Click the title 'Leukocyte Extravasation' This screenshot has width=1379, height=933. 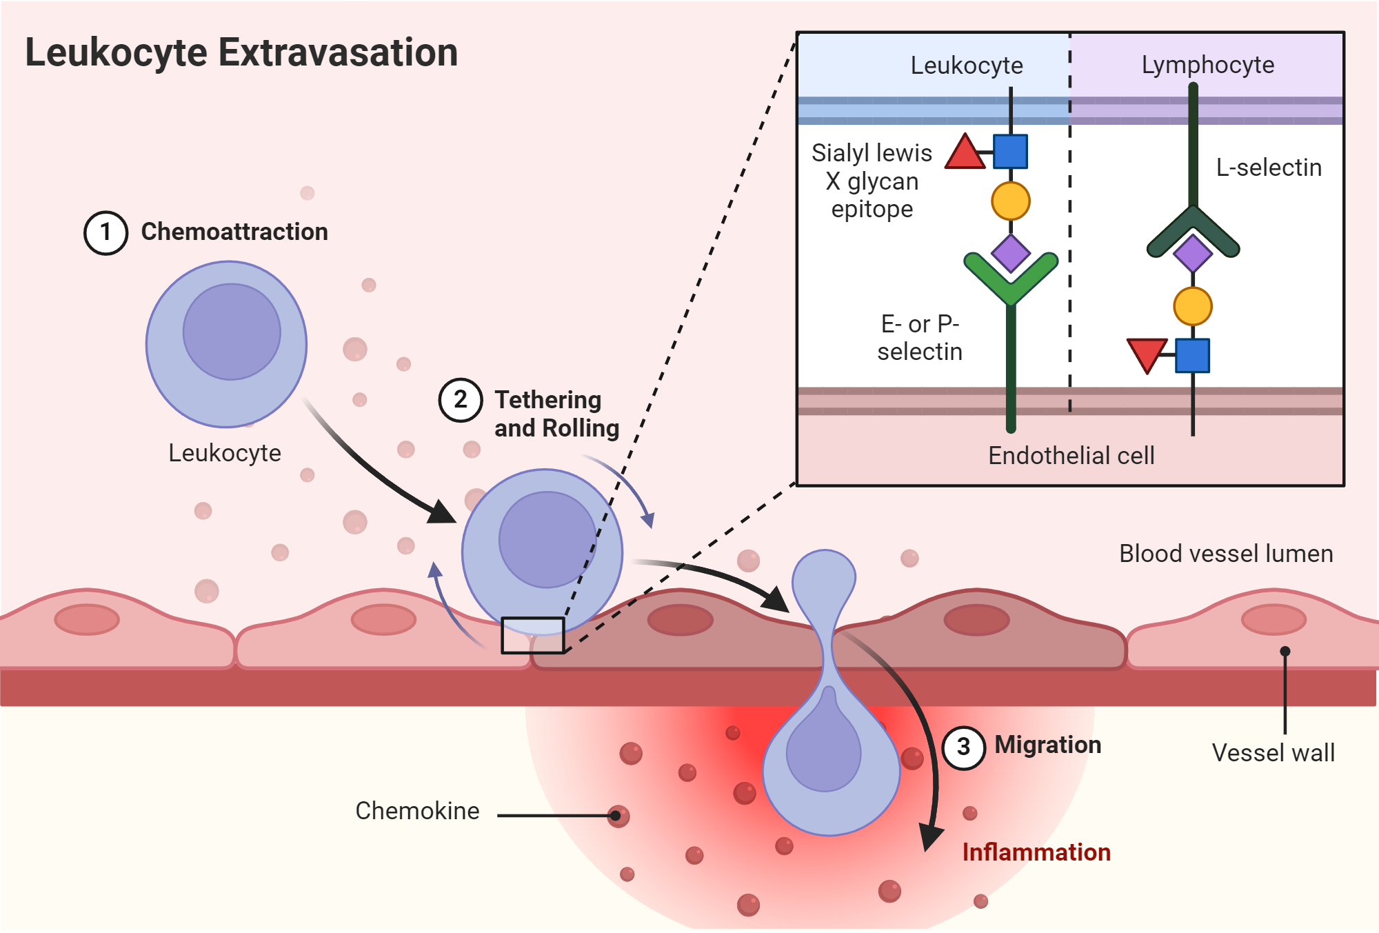(241, 52)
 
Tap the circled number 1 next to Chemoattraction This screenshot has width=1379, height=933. (105, 233)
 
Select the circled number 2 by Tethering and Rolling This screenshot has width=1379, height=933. (461, 400)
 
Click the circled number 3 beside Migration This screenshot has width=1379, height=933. (963, 748)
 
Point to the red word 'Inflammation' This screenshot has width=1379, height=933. (1036, 852)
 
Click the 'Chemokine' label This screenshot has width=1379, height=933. (417, 811)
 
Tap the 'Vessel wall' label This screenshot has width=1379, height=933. (1273, 753)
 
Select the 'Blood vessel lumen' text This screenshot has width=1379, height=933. (1225, 554)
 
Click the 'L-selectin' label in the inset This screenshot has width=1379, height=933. (1269, 168)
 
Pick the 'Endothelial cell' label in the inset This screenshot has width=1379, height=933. (1071, 456)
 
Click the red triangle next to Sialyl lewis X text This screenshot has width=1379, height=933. (964, 153)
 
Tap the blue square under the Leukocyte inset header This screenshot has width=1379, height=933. (1010, 152)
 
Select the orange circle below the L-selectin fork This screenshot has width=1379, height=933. (1193, 306)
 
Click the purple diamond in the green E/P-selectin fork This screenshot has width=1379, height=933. (1010, 253)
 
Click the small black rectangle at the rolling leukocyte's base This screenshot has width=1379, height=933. (532, 635)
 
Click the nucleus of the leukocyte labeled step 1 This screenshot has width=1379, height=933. (232, 332)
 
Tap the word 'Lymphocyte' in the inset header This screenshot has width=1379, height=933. (1207, 65)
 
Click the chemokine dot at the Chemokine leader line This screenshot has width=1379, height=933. (618, 816)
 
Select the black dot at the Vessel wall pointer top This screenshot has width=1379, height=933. (1285, 652)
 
